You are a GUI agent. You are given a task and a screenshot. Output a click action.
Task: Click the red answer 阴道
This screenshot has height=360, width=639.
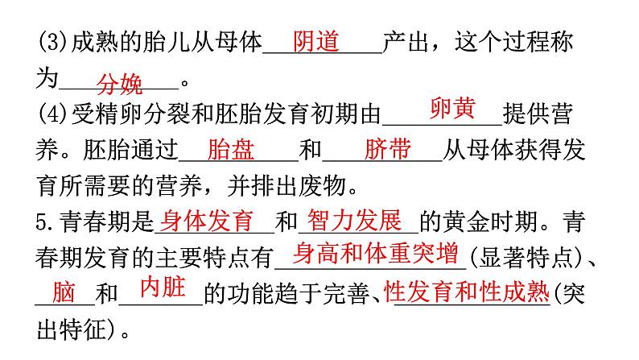point(316,41)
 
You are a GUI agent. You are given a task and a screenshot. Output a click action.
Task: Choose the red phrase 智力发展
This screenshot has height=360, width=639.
point(354,220)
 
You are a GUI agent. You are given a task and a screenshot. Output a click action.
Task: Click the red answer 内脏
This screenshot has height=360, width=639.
point(163,288)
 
